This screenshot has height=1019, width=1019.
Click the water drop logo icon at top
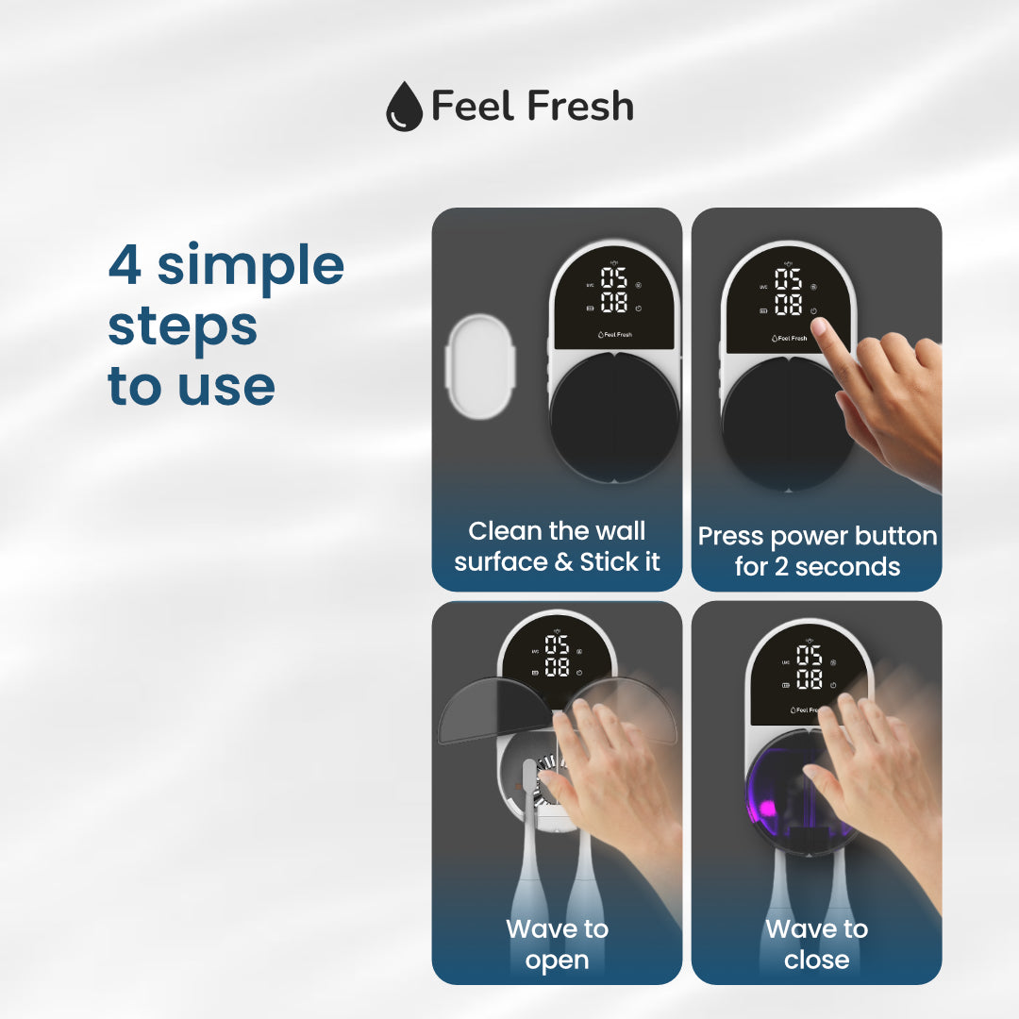(x=404, y=107)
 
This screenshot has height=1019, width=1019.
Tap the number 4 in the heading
(x=125, y=266)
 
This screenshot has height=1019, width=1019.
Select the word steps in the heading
(x=182, y=327)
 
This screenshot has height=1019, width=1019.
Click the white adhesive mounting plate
(x=480, y=367)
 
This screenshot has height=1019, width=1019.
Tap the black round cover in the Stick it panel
(x=614, y=416)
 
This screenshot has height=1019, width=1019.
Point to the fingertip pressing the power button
(x=821, y=326)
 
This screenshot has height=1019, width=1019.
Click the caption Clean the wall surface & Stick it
(x=557, y=546)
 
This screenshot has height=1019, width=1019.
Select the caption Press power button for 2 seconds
(x=817, y=551)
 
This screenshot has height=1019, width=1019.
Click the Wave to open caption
(x=557, y=944)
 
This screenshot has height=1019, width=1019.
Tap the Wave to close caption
(x=816, y=944)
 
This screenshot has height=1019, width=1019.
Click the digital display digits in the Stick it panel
(x=615, y=290)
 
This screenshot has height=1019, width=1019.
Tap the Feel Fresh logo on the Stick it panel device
(x=615, y=335)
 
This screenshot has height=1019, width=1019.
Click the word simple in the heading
(x=250, y=266)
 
